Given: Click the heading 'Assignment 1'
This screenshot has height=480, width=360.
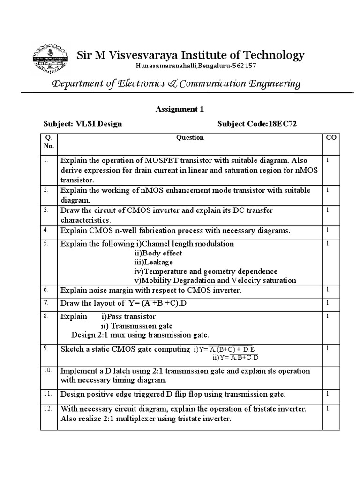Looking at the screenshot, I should pyautogui.click(x=180, y=109).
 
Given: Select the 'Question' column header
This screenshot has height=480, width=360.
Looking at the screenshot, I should pyautogui.click(x=189, y=138).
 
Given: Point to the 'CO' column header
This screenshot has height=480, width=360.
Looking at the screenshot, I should pyautogui.click(x=330, y=138).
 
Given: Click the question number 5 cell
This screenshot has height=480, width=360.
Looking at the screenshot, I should pyautogui.click(x=46, y=243).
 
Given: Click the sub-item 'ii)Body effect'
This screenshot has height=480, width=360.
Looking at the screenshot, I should pyautogui.click(x=158, y=253).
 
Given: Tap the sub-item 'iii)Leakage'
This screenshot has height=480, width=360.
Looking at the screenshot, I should pyautogui.click(x=153, y=262).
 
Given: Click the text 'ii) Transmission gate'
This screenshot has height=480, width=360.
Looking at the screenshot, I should pyautogui.click(x=137, y=326).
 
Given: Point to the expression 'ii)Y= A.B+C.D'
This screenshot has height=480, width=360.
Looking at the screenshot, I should pyautogui.click(x=235, y=358).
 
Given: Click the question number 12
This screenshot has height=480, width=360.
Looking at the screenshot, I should pyautogui.click(x=46, y=409).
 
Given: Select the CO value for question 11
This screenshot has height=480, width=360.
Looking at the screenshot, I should pyautogui.click(x=328, y=394).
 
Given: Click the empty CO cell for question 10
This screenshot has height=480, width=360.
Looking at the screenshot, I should pyautogui.click(x=330, y=375).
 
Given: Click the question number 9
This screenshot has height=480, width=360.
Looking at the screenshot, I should pyautogui.click(x=46, y=348).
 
